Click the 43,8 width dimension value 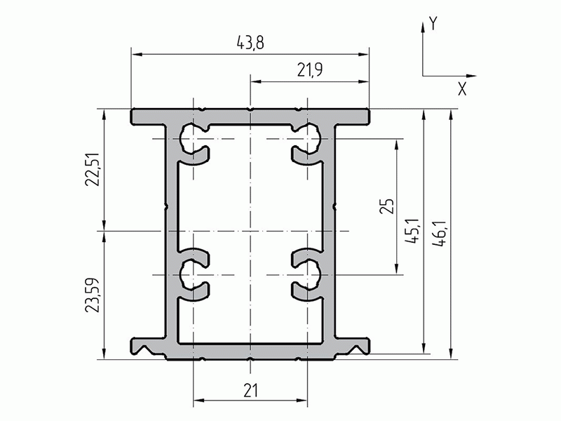pyautogui.click(x=250, y=43)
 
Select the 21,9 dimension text pyautogui.click(x=310, y=70)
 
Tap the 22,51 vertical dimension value pyautogui.click(x=92, y=170)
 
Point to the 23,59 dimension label pyautogui.click(x=92, y=295)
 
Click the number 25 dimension pyautogui.click(x=386, y=206)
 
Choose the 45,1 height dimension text pyautogui.click(x=412, y=232)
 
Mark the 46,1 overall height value pyautogui.click(x=440, y=234)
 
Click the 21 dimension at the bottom pyautogui.click(x=250, y=391)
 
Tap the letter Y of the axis pyautogui.click(x=433, y=24)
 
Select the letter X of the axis pyautogui.click(x=462, y=89)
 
